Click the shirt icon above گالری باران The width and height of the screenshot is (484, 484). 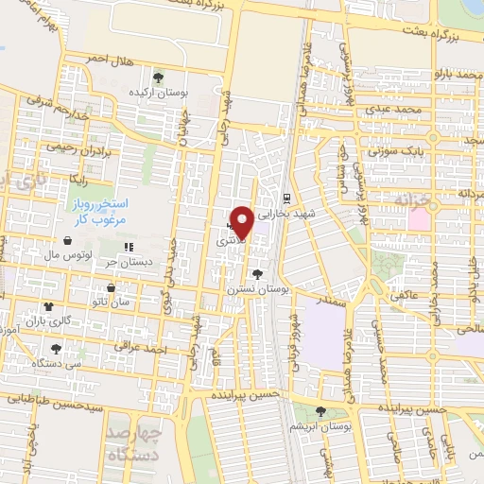49,307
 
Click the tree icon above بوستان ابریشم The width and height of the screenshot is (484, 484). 321,411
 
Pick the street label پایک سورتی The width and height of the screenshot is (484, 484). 390,150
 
